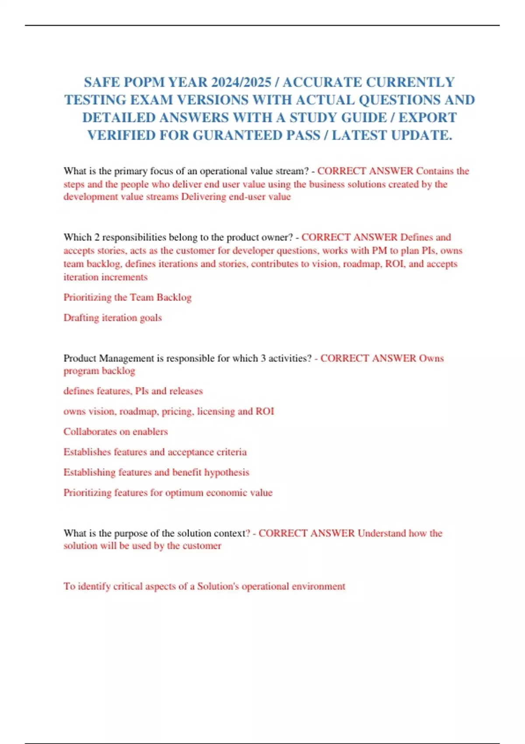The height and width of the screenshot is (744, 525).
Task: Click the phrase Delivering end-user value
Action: tap(236, 197)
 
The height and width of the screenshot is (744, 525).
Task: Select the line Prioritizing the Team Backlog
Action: tap(127, 297)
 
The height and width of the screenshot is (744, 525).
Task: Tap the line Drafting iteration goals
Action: tap(112, 317)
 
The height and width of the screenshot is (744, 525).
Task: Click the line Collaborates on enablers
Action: tap(115, 432)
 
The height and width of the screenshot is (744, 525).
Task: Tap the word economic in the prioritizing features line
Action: tap(227, 492)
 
